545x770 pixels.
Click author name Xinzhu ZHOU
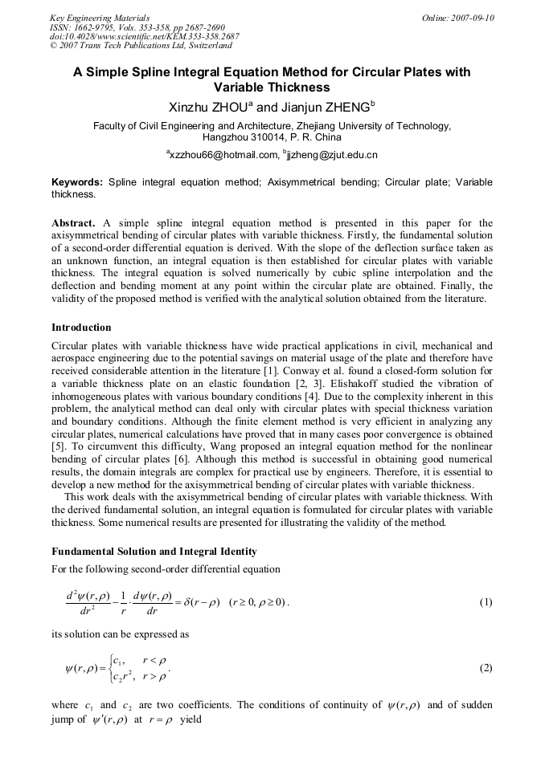point(209,106)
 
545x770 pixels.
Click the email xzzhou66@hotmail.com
point(222,154)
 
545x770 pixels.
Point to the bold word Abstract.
point(74,222)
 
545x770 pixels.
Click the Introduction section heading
point(81,328)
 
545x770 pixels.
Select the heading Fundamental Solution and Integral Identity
point(154,552)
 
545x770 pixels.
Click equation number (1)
point(486,602)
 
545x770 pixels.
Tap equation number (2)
point(486,668)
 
